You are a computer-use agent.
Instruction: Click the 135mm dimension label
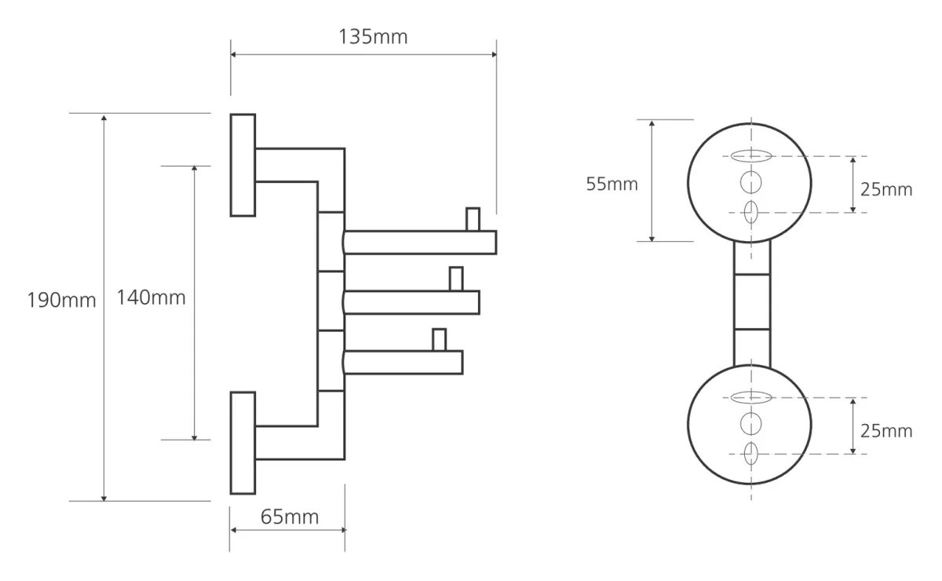pyautogui.click(x=373, y=37)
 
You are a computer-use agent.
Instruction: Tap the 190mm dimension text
pyautogui.click(x=62, y=301)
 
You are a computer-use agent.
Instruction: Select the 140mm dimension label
pyautogui.click(x=151, y=298)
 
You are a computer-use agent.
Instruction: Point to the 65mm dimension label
pyautogui.click(x=290, y=517)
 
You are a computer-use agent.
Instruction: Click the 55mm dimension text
pyautogui.click(x=612, y=184)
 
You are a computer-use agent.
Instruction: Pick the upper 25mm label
pyautogui.click(x=886, y=190)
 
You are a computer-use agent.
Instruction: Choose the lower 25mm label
pyautogui.click(x=886, y=431)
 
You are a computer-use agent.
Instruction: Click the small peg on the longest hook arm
pyautogui.click(x=473, y=219)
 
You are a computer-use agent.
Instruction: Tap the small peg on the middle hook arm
pyautogui.click(x=456, y=279)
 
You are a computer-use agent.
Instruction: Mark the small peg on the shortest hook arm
pyautogui.click(x=439, y=339)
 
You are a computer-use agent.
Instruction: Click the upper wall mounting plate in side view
pyautogui.click(x=243, y=165)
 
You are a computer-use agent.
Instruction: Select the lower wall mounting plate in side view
pyautogui.click(x=243, y=443)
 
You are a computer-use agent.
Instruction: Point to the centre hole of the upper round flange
pyautogui.click(x=750, y=182)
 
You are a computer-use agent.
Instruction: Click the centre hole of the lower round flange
pyautogui.click(x=750, y=424)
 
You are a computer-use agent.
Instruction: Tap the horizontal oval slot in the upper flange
pyautogui.click(x=751, y=156)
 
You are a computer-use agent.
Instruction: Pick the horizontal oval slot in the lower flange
pyautogui.click(x=751, y=397)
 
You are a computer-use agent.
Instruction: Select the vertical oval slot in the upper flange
pyautogui.click(x=750, y=212)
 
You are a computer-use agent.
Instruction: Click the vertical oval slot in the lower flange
pyautogui.click(x=750, y=454)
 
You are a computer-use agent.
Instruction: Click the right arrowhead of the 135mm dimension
pyautogui.click(x=494, y=54)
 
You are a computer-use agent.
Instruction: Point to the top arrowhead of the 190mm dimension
pyautogui.click(x=104, y=118)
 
